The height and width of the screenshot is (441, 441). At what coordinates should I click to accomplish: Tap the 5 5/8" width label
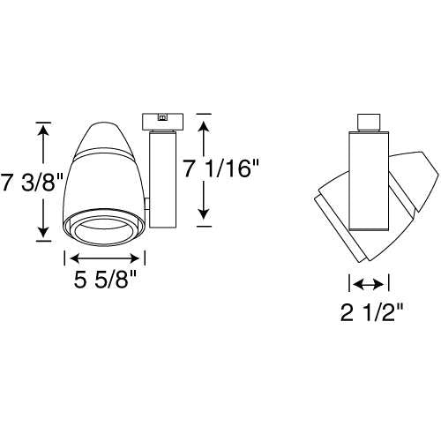(x=105, y=282)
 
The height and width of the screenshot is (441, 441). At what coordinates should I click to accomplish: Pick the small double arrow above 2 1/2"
(x=368, y=283)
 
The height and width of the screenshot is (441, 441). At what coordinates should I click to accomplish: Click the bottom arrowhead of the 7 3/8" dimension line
(x=42, y=234)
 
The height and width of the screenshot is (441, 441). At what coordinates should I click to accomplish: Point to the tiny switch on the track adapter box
(x=161, y=116)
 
